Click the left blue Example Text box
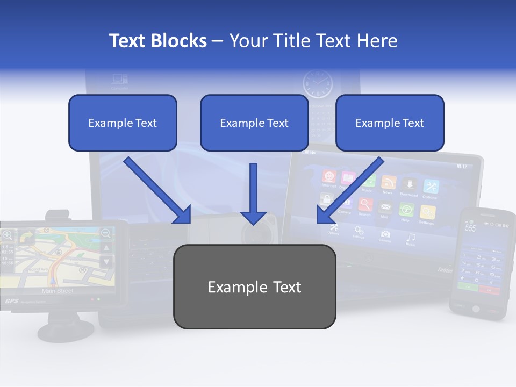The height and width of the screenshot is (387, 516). click(x=123, y=123)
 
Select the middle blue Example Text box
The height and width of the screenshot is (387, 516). click(x=254, y=123)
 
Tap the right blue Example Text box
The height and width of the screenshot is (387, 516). click(x=390, y=123)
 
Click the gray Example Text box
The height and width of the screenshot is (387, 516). click(x=254, y=286)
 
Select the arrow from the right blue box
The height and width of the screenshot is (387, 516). click(x=349, y=191)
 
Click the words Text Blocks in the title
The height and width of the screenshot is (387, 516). click(x=158, y=41)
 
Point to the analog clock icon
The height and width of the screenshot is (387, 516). click(x=318, y=84)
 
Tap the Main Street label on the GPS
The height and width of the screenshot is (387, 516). click(x=58, y=291)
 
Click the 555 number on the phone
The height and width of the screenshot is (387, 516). click(x=471, y=228)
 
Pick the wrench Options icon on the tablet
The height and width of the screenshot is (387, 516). click(x=431, y=187)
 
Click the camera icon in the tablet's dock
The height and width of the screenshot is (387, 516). click(x=385, y=234)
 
